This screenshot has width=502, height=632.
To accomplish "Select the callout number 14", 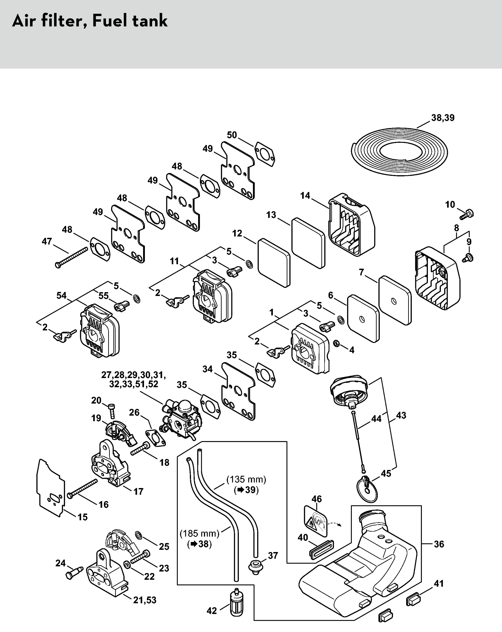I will (x=305, y=196).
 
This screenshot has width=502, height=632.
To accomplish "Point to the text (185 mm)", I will (x=199, y=533).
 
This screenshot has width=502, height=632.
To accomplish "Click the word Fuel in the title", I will (x=110, y=21).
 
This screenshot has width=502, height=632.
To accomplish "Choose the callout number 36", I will (x=439, y=544).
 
